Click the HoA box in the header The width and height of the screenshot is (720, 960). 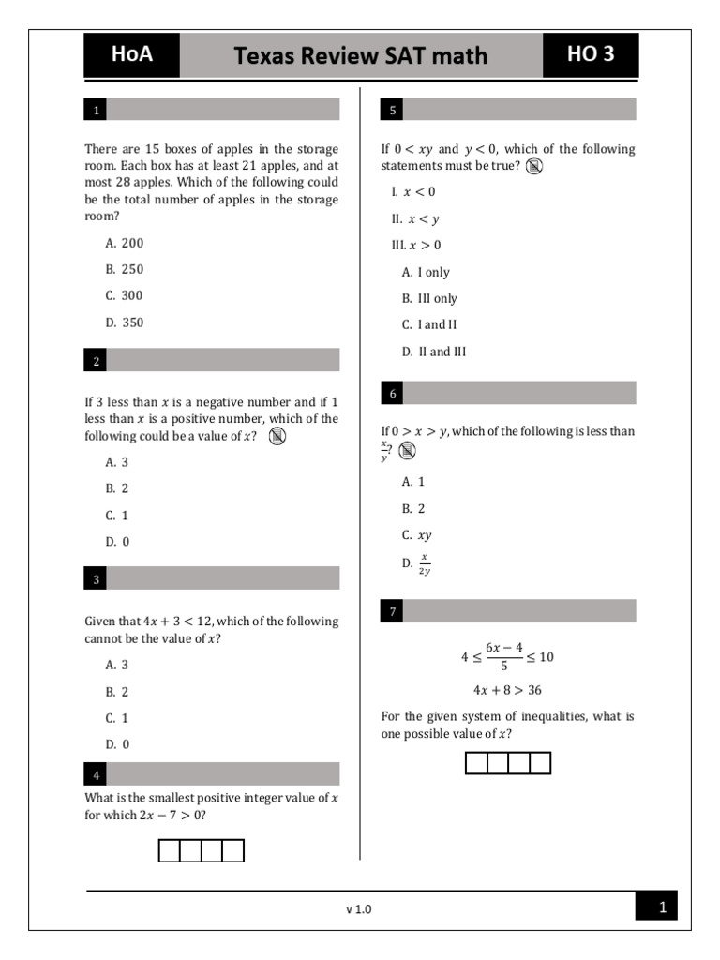[131, 55]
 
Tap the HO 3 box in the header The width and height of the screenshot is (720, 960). [591, 55]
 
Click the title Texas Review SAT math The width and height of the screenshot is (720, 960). [361, 56]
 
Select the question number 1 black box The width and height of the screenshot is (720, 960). [96, 111]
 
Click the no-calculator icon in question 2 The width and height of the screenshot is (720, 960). [277, 437]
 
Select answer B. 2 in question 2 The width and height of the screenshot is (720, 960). [117, 488]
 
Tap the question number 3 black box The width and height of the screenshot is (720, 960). [96, 579]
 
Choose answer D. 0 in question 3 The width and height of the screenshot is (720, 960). [117, 744]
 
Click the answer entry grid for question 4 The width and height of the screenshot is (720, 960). [201, 850]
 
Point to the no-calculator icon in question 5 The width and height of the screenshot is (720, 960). [534, 167]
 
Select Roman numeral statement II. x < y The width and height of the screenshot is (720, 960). [415, 219]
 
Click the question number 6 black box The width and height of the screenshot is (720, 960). [393, 394]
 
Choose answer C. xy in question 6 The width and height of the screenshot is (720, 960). [417, 535]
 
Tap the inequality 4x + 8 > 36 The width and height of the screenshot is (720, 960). [507, 690]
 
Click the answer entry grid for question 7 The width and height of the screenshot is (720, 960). [508, 763]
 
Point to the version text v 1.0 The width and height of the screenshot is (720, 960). [359, 908]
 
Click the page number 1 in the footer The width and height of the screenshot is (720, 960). [662, 907]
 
